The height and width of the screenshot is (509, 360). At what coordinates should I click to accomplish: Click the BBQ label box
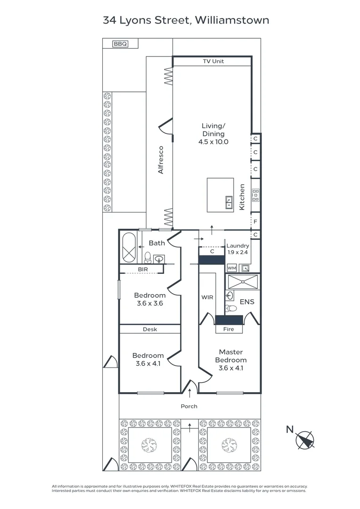coord(120,44)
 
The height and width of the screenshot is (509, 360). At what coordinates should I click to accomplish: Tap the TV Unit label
coord(213,61)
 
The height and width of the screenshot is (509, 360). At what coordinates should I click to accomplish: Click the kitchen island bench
coord(220,195)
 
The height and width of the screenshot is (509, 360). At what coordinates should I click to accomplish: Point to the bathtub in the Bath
coord(129,247)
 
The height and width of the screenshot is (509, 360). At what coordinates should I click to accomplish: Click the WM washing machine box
coord(231,268)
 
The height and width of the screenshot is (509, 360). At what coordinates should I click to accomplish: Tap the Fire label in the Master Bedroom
coord(229,329)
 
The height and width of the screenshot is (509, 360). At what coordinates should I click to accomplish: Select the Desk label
coord(150,329)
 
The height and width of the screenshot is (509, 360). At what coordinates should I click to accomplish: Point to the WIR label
coord(207,297)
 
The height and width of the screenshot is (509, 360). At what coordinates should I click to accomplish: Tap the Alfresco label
coord(160,160)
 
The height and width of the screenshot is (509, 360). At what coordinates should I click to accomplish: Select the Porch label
coord(189,406)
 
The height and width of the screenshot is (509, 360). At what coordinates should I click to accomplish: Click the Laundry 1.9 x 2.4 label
coord(237,249)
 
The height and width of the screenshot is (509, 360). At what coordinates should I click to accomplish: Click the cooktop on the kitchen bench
coord(255,195)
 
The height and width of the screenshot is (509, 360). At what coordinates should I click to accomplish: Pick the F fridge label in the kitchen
coord(255,221)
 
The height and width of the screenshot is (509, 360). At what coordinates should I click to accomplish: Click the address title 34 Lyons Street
coord(180,20)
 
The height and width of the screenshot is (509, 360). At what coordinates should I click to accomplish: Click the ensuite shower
coord(243,281)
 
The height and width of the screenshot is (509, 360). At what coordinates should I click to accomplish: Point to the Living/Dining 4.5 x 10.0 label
coord(213,133)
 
